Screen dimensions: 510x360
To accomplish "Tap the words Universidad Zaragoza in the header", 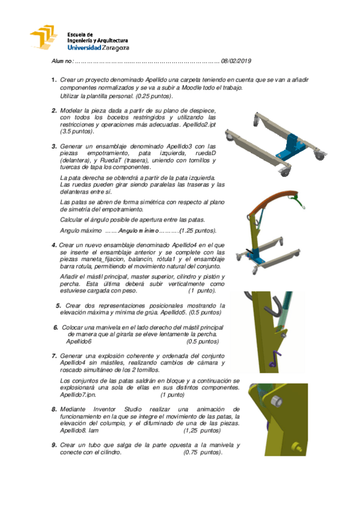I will pos(98,47).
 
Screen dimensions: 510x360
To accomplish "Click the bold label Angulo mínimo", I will pos(138,230).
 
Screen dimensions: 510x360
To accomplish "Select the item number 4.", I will pos(54,245).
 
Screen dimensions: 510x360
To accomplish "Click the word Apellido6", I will pos(81,341).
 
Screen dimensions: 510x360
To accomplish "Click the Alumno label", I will pos(62,61).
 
